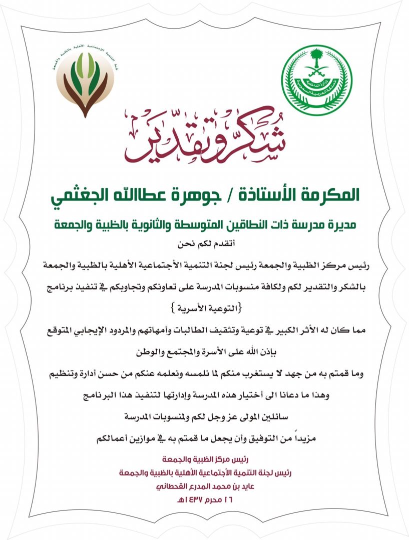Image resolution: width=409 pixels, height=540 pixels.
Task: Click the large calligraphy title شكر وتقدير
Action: (x=205, y=137)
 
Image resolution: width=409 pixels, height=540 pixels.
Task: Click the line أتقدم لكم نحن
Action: (x=205, y=244)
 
